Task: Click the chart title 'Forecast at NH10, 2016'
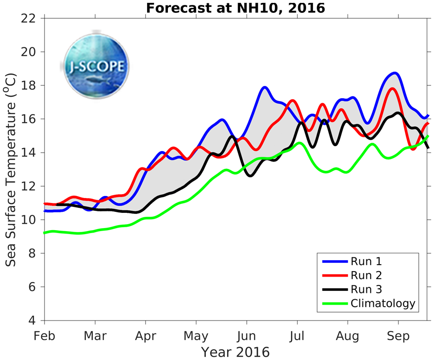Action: click(x=235, y=8)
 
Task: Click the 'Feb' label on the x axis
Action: click(x=44, y=336)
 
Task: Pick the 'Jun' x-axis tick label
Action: click(x=246, y=336)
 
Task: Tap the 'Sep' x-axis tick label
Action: click(x=398, y=336)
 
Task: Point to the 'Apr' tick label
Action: click(x=145, y=336)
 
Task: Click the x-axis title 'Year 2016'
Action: click(x=235, y=352)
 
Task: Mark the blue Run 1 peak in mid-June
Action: click(x=265, y=87)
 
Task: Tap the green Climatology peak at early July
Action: click(x=298, y=143)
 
